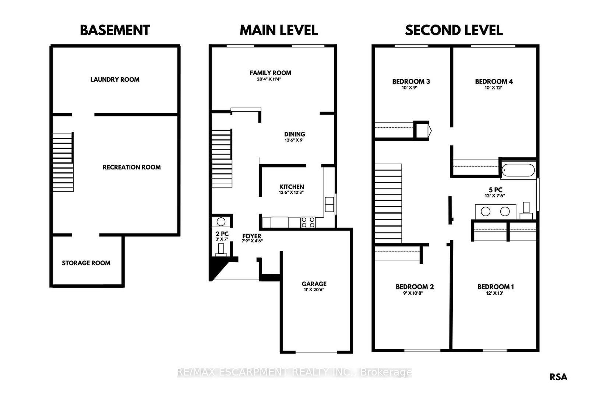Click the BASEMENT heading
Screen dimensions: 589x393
tap(115, 30)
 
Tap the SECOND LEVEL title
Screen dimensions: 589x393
tap(454, 30)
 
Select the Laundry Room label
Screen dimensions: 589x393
tap(115, 80)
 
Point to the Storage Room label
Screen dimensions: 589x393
tap(86, 263)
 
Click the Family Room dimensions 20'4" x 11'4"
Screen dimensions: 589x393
tap(269, 79)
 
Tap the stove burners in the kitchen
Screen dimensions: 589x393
tap(308, 222)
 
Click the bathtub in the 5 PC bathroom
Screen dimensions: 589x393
tap(518, 170)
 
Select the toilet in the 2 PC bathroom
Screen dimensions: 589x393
tap(221, 250)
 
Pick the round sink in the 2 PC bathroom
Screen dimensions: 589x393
tap(221, 222)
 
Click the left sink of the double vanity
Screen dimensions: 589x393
tap(486, 211)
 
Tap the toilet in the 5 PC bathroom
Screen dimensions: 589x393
tap(526, 210)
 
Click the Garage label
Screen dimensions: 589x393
tap(314, 284)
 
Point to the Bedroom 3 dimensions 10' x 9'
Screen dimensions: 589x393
tap(409, 88)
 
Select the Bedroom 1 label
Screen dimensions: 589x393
tap(495, 287)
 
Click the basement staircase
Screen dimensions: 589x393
tap(63, 162)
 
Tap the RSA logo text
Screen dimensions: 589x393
tap(558, 377)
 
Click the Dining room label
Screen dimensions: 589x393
tap(294, 134)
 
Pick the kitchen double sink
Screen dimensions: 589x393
tap(329, 204)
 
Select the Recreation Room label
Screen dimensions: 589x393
tap(131, 167)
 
